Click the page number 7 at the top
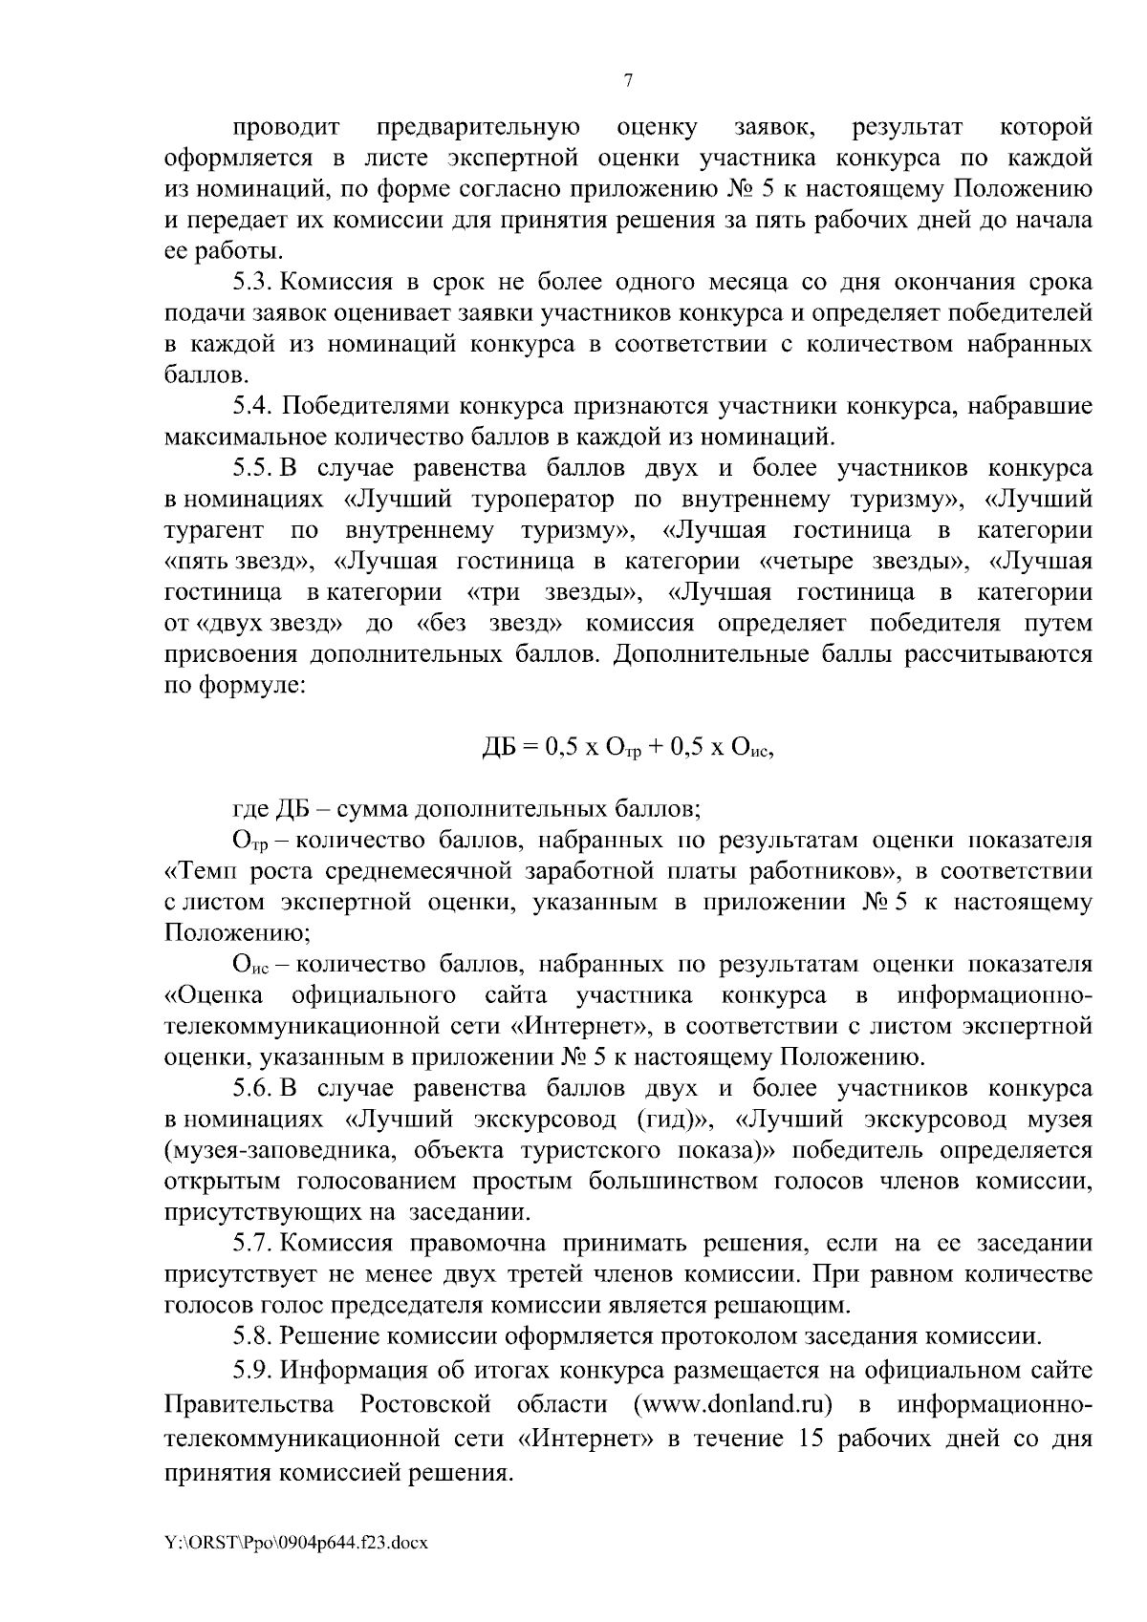(x=628, y=81)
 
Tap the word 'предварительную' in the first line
(x=477, y=127)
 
